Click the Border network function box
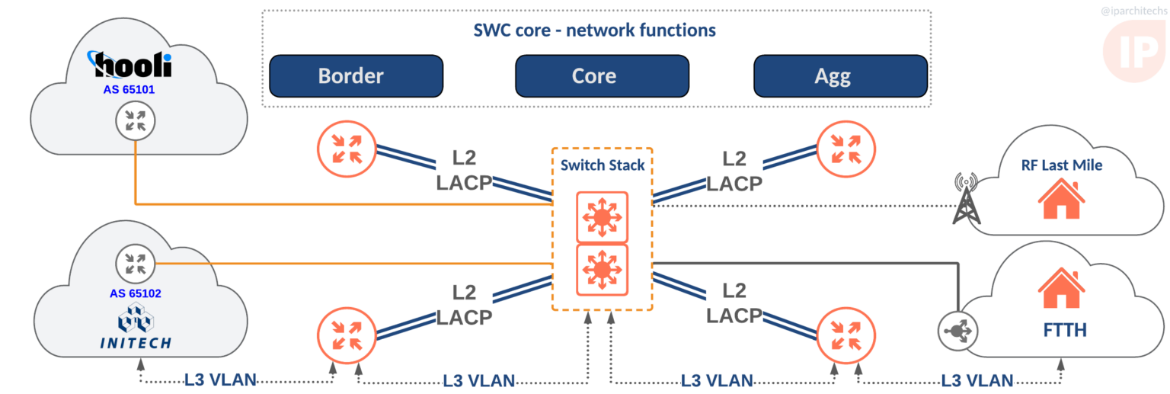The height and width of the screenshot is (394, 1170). coord(356,76)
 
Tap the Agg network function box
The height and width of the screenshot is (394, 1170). coord(840,76)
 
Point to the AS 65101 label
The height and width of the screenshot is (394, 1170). coord(129,90)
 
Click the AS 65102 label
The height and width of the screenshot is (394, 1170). coord(136,293)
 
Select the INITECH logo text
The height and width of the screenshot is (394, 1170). coord(136,344)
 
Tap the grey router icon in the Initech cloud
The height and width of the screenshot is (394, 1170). coord(135,264)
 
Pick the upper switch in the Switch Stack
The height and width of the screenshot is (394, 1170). coord(602,216)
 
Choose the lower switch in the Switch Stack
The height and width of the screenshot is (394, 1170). coord(602,270)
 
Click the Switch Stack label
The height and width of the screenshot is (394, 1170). coord(602,165)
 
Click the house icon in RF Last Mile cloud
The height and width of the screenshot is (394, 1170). coord(1062,200)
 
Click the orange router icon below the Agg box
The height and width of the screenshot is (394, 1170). coord(846,145)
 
